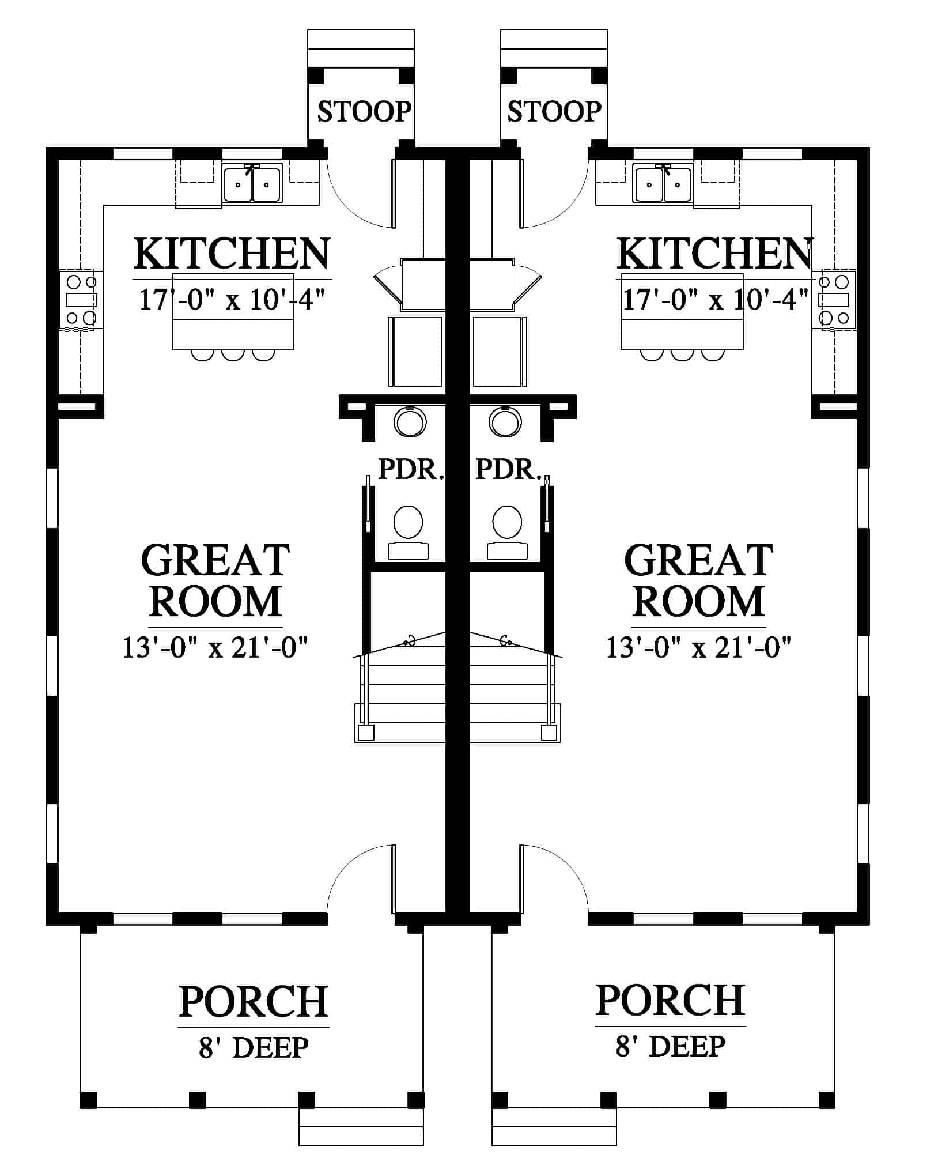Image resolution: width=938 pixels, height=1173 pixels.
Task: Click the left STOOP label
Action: [364, 111]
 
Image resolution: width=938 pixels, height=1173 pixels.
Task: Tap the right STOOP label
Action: [554, 111]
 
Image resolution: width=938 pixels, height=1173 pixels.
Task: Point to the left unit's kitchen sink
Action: [253, 184]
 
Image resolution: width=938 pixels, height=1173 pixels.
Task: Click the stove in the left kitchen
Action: [81, 300]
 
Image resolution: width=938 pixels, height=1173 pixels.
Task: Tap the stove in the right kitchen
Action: [834, 300]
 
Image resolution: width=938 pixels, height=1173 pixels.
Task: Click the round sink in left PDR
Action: [410, 421]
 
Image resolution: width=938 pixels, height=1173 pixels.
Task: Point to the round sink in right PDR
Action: [505, 421]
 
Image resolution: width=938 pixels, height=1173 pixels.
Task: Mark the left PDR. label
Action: [411, 469]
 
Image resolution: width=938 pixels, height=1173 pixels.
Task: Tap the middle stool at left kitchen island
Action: [233, 355]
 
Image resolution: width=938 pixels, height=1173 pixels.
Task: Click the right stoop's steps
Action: [554, 48]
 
